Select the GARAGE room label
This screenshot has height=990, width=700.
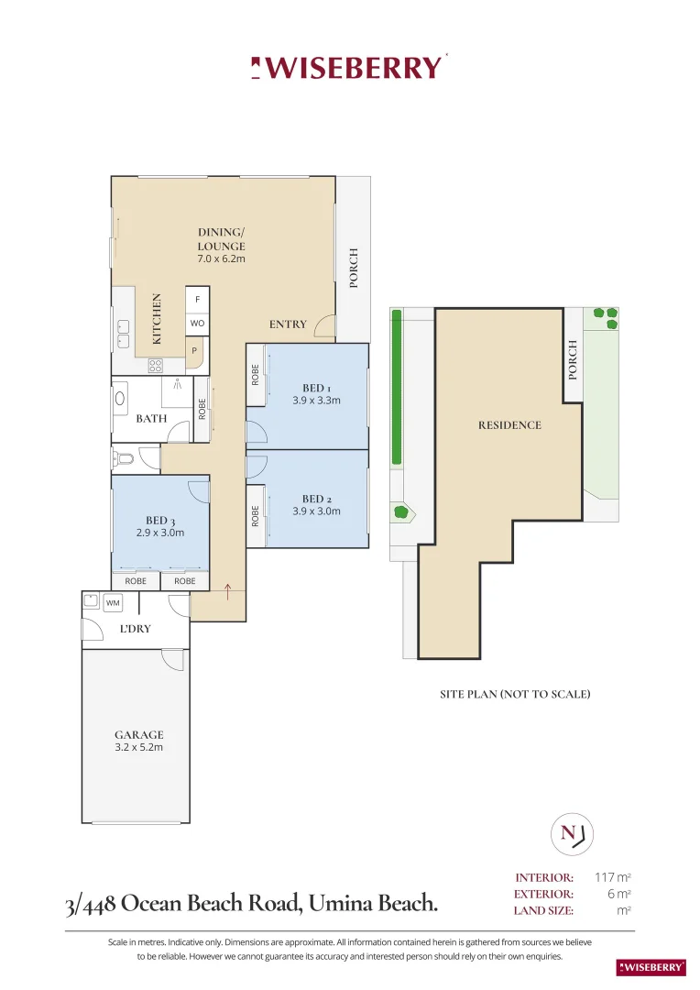pos(139,734)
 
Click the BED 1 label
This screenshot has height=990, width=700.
pos(316,388)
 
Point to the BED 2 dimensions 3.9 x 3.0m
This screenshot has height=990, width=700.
pos(316,511)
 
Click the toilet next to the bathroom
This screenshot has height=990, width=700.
pos(124,458)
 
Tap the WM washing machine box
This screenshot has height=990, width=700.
pos(113,603)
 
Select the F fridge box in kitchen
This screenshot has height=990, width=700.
pos(197,300)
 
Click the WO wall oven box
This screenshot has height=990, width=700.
pos(197,324)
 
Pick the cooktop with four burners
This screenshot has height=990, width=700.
pos(156,365)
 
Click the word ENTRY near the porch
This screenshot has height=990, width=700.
pos(287,324)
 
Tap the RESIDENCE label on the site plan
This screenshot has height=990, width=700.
pos(509,425)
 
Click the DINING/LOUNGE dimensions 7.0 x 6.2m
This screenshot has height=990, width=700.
pos(222,259)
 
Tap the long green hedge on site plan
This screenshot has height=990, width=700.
pos(396,387)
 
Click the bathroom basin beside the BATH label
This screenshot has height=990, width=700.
pos(121,399)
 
